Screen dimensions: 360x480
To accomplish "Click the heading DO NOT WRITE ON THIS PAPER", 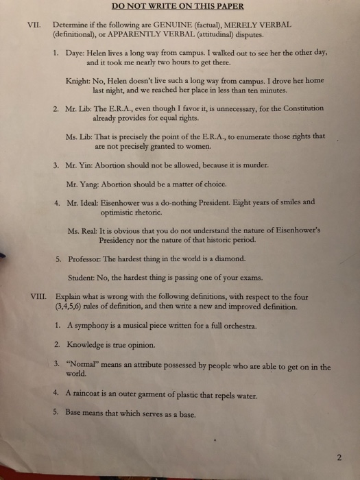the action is [180, 8].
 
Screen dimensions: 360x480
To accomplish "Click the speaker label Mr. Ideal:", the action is [84, 203].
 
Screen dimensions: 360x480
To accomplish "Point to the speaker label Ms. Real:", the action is [84, 231].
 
